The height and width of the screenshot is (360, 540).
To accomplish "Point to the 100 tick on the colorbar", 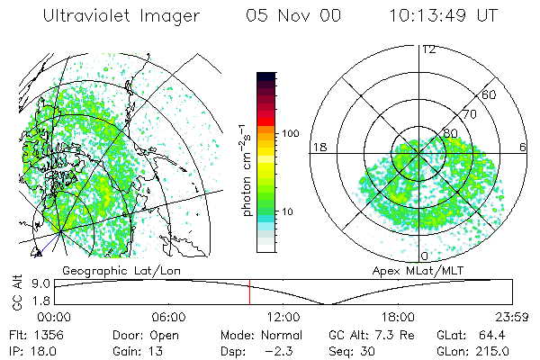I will (288, 133).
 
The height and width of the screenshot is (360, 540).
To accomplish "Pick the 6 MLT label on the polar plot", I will (523, 146).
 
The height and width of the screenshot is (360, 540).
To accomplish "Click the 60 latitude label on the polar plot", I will (490, 94).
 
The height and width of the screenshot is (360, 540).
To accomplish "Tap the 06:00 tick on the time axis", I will (168, 317).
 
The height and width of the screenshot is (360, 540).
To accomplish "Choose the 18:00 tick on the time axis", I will (398, 317).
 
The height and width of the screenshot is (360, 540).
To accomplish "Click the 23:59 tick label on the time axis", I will (510, 317).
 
